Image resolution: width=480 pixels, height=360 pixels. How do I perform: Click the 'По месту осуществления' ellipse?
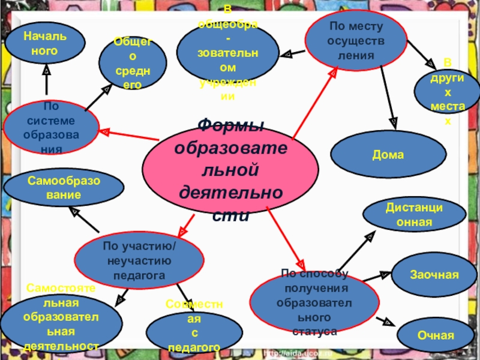(355, 40)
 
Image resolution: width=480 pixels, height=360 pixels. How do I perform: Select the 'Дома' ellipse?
(388, 155)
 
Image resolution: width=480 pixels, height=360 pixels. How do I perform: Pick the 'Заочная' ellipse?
(434, 274)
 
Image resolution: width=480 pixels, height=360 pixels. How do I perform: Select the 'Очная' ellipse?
(436, 335)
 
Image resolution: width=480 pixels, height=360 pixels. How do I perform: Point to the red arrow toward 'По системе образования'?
(128, 136)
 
